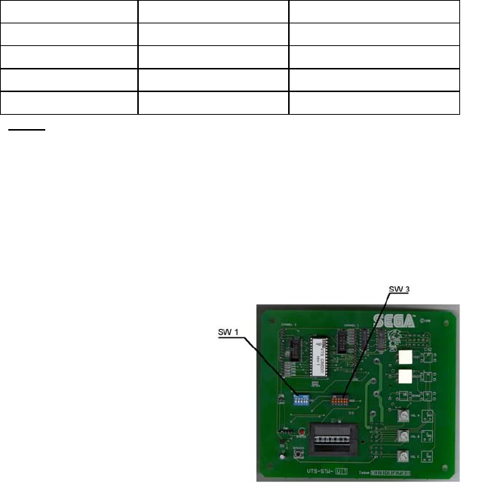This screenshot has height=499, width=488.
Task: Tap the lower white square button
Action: coord(406,376)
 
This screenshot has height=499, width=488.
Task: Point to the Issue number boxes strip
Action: coord(392,473)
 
